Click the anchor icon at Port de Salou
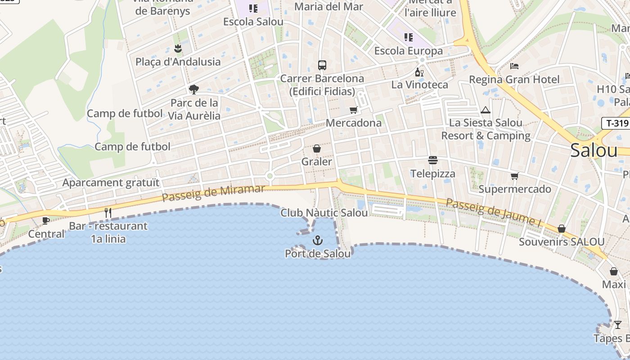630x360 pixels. point(318,240)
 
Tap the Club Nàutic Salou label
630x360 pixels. point(324,213)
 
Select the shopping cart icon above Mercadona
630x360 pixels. point(354,110)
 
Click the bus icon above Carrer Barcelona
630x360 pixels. point(322,65)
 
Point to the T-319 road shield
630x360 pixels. point(615,123)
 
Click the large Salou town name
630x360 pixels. point(594,150)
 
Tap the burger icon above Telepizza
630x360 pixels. point(433,160)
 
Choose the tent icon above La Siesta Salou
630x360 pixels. point(485,110)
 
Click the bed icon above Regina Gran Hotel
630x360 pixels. point(514,66)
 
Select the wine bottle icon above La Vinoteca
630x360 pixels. point(419,72)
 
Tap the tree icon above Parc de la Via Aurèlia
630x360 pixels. point(194,90)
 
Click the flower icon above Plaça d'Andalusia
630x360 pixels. point(178,49)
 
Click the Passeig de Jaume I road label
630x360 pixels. point(493,212)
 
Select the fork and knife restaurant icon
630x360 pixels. point(108,212)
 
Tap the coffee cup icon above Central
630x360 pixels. point(45,220)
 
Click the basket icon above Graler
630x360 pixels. point(317,148)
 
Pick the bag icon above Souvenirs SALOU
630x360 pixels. point(561,229)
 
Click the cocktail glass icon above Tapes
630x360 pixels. point(618,325)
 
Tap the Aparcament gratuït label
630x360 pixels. point(111,183)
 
